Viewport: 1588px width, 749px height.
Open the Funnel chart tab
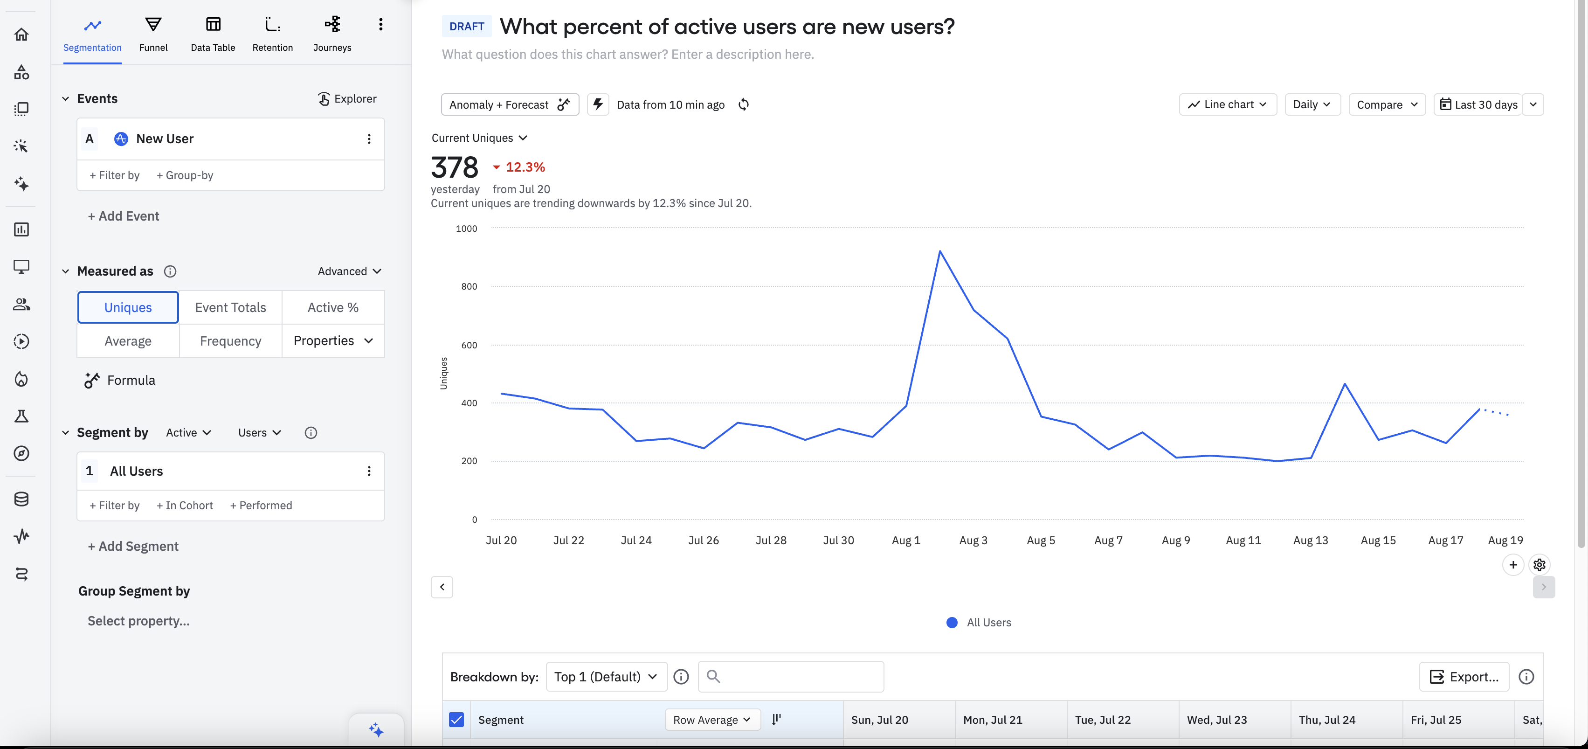(153, 34)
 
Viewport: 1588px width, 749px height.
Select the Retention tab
(272, 34)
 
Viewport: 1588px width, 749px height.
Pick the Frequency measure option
(231, 341)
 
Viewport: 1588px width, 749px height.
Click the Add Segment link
(133, 546)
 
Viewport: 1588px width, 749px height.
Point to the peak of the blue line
(939, 251)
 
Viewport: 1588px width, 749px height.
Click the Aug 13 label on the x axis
(1311, 541)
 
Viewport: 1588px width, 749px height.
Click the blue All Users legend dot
(952, 623)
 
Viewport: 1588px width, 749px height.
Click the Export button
(1464, 677)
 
